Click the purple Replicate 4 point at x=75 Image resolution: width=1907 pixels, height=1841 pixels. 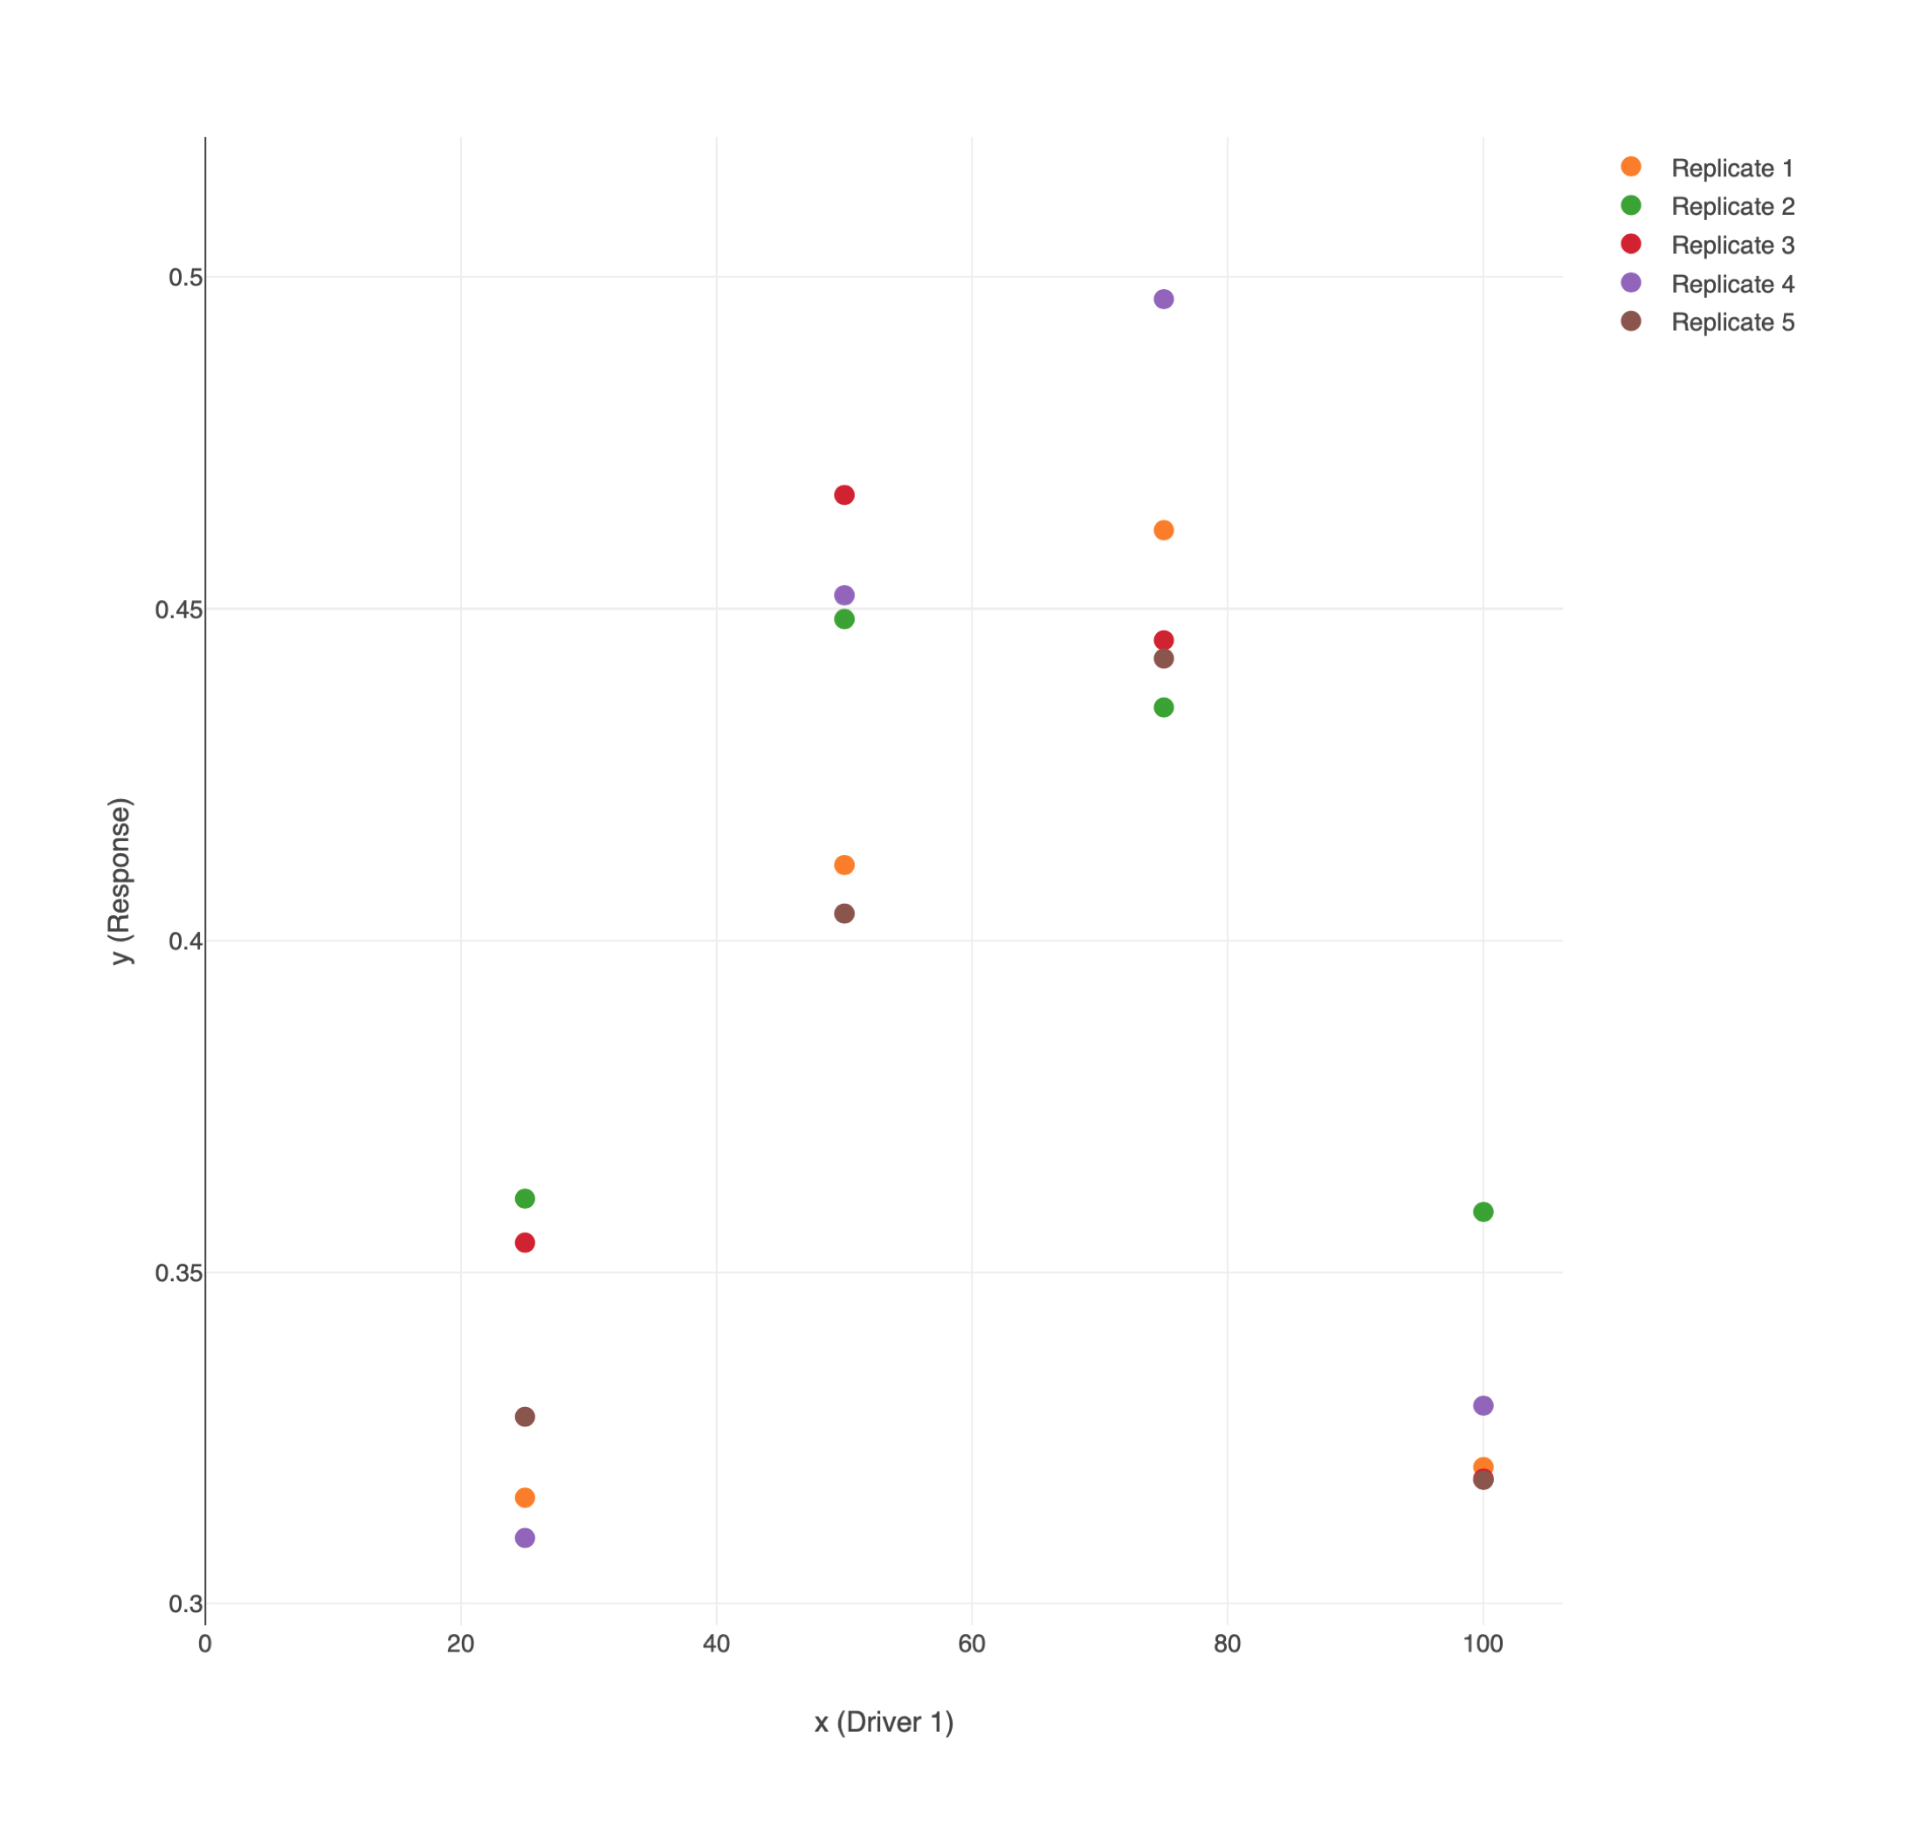click(1164, 299)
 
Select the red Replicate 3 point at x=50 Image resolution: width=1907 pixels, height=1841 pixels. click(844, 495)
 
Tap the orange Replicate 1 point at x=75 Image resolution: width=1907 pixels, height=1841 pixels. click(1164, 530)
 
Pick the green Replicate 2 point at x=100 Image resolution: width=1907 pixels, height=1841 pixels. click(1483, 1211)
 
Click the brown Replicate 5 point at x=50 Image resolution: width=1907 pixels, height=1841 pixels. click(844, 913)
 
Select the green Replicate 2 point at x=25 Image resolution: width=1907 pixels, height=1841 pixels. click(525, 1198)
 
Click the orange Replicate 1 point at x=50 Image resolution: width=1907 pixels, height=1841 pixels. click(844, 865)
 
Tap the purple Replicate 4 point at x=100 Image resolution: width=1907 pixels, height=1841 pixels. click(1483, 1405)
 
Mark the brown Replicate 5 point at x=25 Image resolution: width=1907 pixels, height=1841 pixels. click(525, 1416)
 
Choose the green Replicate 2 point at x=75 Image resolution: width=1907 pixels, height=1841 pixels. click(1164, 707)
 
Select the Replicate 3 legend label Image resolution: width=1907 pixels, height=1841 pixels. click(1733, 245)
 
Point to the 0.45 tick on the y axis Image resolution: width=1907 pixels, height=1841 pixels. click(179, 609)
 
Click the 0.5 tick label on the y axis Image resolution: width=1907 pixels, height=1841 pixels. click(186, 278)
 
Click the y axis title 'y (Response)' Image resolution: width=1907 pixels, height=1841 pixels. click(120, 881)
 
